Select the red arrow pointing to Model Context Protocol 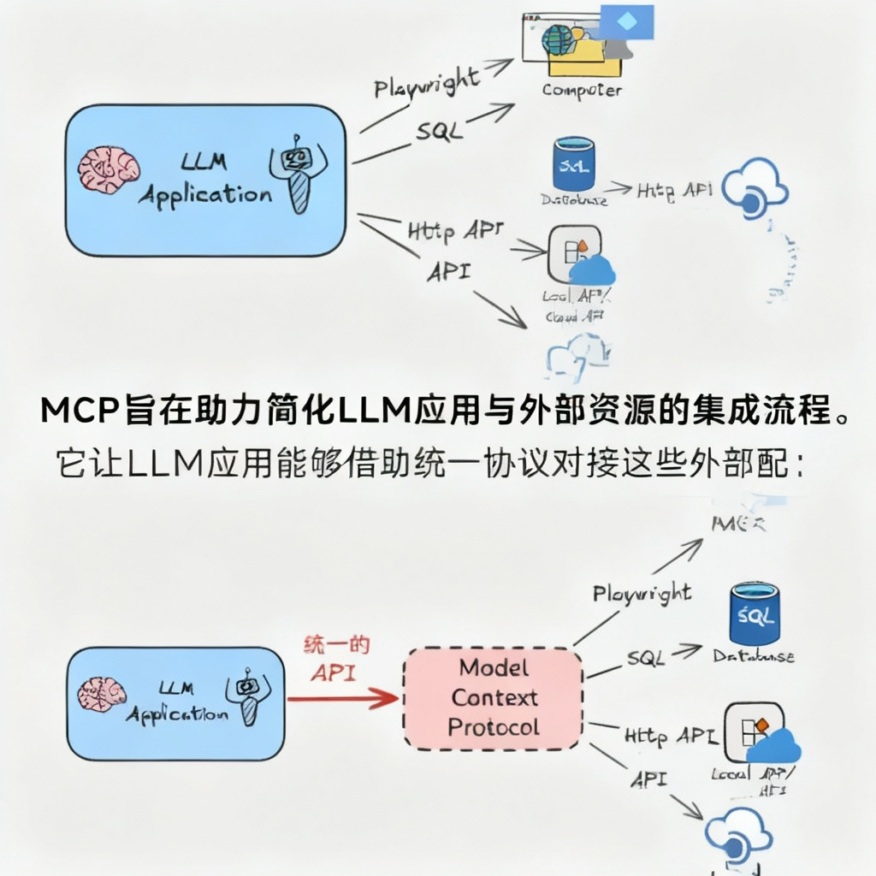point(342,699)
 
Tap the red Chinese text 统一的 point(337,646)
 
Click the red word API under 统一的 point(333,672)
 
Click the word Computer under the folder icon point(582,90)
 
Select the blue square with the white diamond point(627,21)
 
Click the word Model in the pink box point(494,668)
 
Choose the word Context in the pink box point(494,698)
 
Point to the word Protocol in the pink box point(494,728)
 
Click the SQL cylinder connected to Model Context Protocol point(754,613)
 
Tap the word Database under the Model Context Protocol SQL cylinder point(754,657)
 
